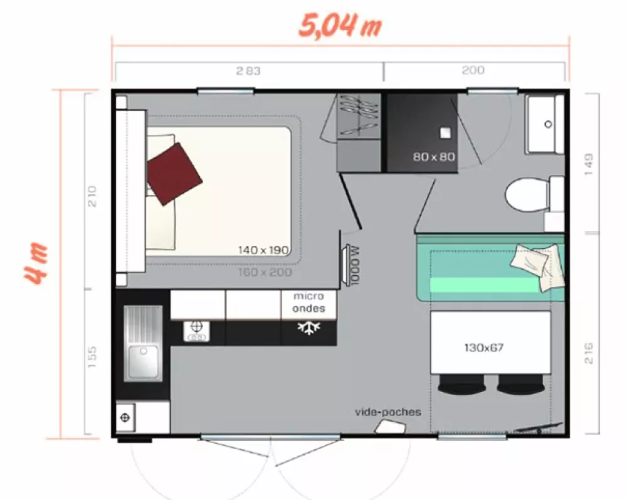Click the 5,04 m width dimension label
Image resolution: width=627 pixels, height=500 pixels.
click(340, 26)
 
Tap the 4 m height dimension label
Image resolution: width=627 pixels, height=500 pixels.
click(36, 263)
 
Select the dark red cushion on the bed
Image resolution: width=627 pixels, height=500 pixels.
click(174, 174)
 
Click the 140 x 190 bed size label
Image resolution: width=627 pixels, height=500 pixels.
click(263, 250)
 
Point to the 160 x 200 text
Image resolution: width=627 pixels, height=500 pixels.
click(265, 272)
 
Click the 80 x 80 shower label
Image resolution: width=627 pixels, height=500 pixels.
click(434, 156)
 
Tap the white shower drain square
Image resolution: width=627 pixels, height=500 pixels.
click(445, 133)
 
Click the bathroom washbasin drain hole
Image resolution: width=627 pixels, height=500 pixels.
click(548, 124)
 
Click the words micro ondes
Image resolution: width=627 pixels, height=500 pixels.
click(308, 302)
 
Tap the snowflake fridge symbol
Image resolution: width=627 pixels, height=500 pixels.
click(308, 327)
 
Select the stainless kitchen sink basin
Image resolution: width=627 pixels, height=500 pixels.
click(143, 362)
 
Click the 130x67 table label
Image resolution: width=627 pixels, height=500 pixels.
click(484, 348)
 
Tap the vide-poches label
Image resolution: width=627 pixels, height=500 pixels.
click(388, 412)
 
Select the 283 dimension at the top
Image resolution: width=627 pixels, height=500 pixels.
click(248, 71)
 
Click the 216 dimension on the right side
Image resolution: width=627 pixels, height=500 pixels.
click(589, 353)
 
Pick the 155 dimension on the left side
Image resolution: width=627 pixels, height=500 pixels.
click(92, 357)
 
